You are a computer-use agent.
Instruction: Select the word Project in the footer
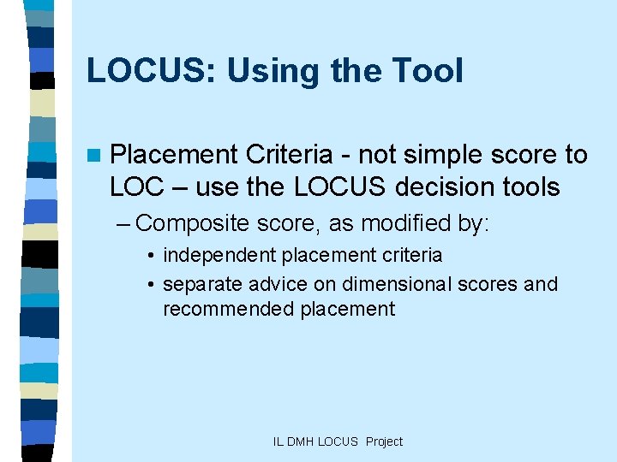click(x=384, y=441)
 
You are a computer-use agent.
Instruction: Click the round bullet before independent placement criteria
click(x=150, y=256)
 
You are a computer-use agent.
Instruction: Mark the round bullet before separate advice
click(x=150, y=284)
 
